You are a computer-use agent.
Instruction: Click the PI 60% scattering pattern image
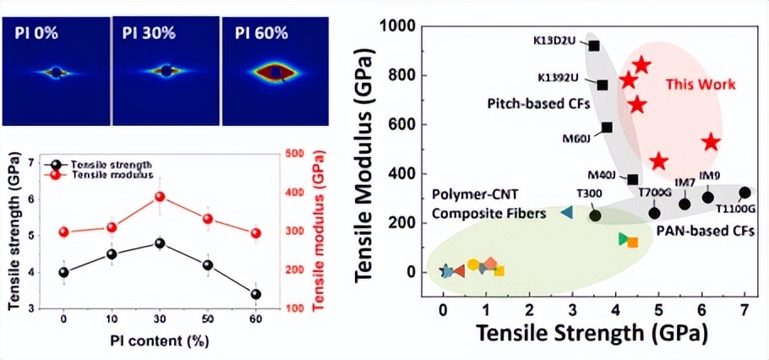275,71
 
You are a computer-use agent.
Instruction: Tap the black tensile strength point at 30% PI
159,243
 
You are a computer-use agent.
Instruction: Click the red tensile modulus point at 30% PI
159,197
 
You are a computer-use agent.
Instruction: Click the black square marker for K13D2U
594,46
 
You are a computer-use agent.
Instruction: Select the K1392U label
559,79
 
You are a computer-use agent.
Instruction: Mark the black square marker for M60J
607,128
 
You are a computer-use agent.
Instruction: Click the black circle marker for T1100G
744,193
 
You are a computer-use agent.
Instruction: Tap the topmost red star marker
641,65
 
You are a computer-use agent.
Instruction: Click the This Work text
701,85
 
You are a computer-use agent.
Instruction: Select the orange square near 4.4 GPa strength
633,243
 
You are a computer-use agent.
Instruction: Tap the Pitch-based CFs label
533,104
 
